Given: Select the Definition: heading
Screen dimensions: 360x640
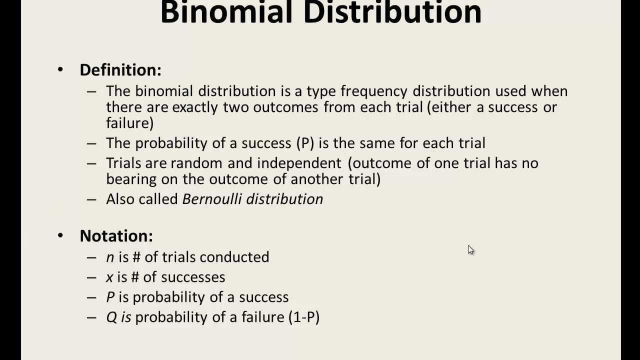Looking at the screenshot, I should pos(120,70).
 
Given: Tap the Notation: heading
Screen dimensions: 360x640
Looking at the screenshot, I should pos(116,236).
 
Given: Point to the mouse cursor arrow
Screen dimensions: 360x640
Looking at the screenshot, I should pos(470,250).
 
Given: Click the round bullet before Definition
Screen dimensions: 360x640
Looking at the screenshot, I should pos(60,69).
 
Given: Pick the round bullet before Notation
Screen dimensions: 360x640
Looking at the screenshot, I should pos(60,235).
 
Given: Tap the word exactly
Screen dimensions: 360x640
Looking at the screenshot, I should pos(195,107).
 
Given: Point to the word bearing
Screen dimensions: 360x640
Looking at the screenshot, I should pos(129,179).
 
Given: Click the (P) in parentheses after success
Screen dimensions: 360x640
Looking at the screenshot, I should pos(305,143).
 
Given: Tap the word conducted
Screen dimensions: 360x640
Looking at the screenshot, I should pos(234,257).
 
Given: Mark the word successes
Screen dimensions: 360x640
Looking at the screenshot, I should pos(193,277).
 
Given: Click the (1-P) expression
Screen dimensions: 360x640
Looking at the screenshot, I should pos(304,317).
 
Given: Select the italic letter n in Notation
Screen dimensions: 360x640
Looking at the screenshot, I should pos(110,257).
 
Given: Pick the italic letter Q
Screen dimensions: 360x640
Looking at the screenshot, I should pos(110,317).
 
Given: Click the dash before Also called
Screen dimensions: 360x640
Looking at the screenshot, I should pos(91,199).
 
